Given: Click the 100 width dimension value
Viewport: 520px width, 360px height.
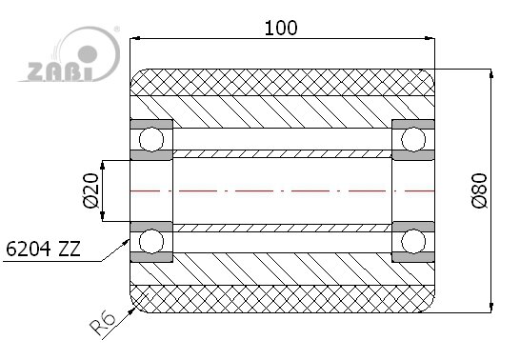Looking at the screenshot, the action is click(x=281, y=28).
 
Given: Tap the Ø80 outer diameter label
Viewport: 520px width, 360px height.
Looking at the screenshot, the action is click(x=480, y=190).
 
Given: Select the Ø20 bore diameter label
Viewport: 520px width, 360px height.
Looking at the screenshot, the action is click(x=90, y=190).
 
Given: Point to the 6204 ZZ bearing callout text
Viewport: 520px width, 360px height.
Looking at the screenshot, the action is click(x=43, y=249).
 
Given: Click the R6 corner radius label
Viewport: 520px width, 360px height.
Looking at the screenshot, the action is click(x=103, y=324).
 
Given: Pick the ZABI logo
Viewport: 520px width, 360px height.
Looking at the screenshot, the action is click(x=69, y=54).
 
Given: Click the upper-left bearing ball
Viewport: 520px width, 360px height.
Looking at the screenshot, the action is click(x=151, y=139).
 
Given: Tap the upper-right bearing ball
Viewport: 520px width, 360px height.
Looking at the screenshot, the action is click(x=413, y=139).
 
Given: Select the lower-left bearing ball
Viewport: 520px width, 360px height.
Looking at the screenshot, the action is click(x=151, y=241).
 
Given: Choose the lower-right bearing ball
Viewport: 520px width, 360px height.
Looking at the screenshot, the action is click(x=413, y=241).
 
